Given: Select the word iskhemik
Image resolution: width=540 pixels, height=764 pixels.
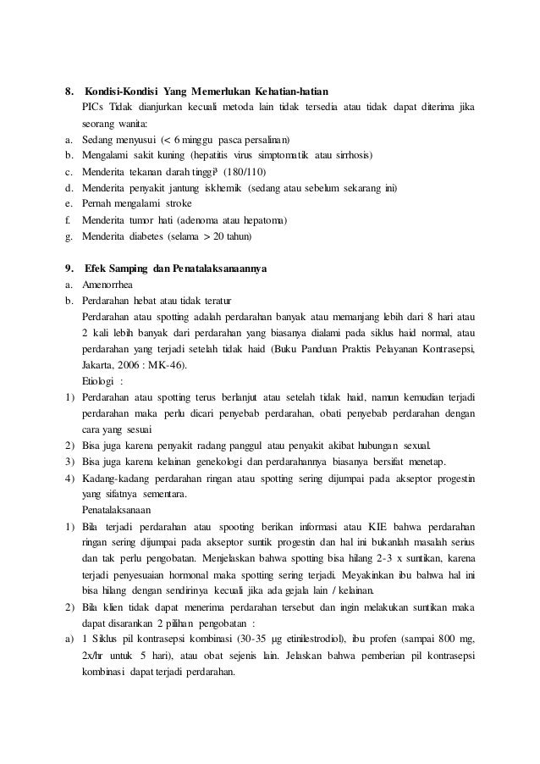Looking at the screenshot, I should tap(222, 188).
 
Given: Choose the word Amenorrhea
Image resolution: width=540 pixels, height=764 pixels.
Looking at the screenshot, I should tap(107, 285).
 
